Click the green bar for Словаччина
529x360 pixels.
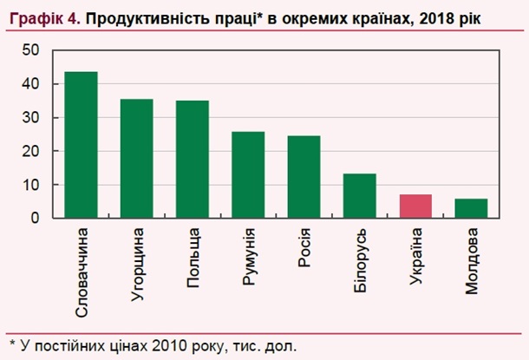(x=81, y=145)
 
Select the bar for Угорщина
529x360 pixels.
(x=136, y=159)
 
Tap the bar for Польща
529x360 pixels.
(x=192, y=160)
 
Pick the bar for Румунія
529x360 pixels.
(x=248, y=175)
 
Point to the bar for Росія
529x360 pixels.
(x=304, y=177)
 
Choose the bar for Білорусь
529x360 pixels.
(x=359, y=196)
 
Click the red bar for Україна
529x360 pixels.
(x=415, y=206)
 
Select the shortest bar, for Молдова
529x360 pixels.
(x=471, y=208)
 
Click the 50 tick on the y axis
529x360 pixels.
(x=31, y=51)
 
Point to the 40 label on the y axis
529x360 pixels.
(x=31, y=85)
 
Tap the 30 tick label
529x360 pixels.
(x=31, y=118)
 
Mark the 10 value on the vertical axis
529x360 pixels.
(x=31, y=185)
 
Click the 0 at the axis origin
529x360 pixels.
(x=36, y=218)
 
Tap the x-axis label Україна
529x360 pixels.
(x=416, y=260)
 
